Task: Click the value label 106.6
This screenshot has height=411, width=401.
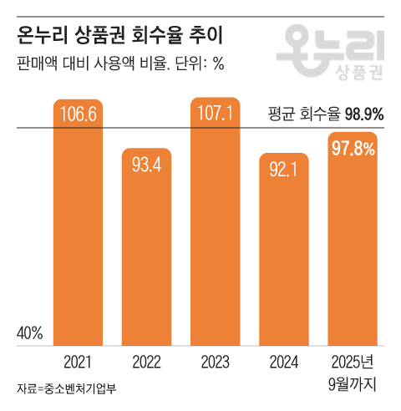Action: point(79,114)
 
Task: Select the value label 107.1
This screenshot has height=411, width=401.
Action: point(216,112)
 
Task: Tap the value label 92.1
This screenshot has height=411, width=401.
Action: point(284,170)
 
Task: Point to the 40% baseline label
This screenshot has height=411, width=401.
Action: point(30,334)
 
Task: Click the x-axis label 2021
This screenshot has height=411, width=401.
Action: point(79,362)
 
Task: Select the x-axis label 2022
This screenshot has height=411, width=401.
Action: point(147,362)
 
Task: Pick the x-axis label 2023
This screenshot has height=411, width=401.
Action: point(216,362)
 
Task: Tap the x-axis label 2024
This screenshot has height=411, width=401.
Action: point(284,362)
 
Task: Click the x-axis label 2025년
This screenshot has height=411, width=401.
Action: point(353,362)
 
